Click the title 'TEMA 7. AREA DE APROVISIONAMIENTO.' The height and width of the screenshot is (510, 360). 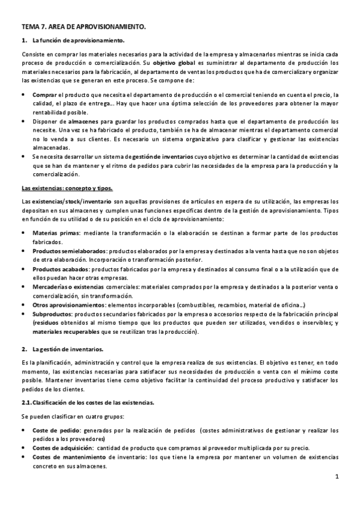84,28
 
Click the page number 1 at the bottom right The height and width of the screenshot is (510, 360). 337,478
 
